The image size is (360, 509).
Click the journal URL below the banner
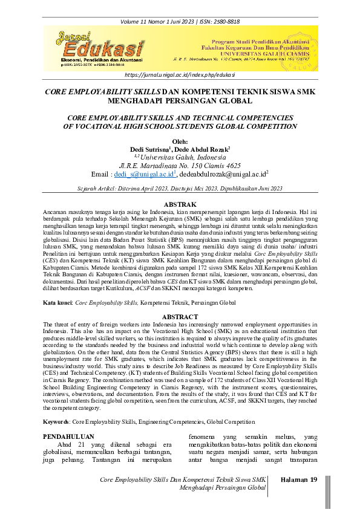(x=180, y=74)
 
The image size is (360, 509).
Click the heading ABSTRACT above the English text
(x=180, y=316)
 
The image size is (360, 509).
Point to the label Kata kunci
(x=57, y=300)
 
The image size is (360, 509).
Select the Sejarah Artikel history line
(x=180, y=188)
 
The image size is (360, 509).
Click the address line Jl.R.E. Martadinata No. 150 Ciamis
(x=180, y=165)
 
